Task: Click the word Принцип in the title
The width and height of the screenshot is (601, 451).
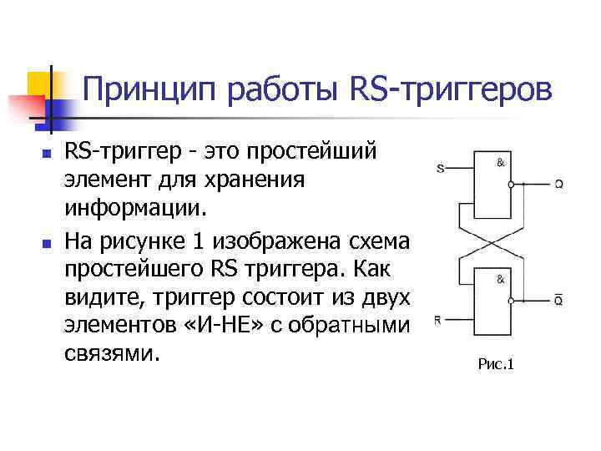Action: point(138,88)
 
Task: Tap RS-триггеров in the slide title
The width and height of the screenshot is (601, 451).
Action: point(451,88)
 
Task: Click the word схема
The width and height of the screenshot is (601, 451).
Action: point(383,243)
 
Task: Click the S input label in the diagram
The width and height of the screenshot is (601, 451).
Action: point(440,168)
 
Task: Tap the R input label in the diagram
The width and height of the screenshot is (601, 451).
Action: point(439,319)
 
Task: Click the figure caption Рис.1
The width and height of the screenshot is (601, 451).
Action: point(497,363)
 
